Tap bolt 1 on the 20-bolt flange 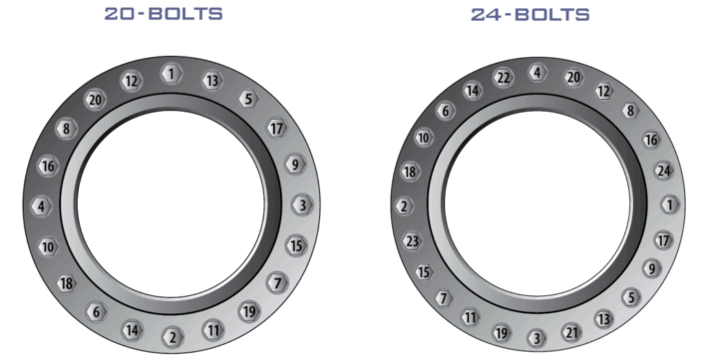tap(171, 74)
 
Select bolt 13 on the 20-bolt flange tap(211, 81)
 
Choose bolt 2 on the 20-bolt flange tap(172, 336)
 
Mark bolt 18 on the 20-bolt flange tap(66, 284)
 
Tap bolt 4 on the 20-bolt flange tap(40, 206)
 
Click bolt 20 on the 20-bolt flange tap(95, 100)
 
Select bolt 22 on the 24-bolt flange tap(504, 78)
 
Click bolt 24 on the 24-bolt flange tap(663, 171)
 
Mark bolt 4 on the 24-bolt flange tap(537, 73)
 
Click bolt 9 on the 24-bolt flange tap(650, 267)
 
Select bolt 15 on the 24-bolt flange tap(423, 271)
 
